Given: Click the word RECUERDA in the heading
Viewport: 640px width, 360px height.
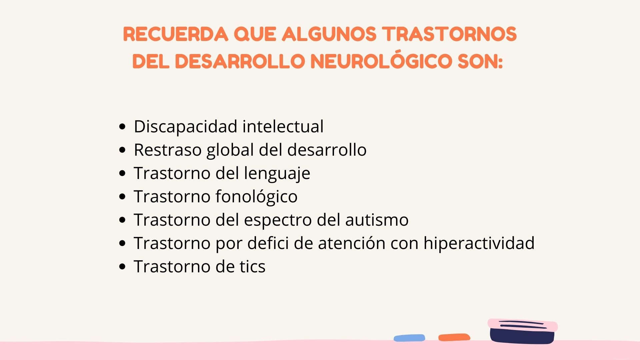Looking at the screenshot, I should (175, 34).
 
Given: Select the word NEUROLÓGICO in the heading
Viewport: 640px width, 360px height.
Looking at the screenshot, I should (381, 61).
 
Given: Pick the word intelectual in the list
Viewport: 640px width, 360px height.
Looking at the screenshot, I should (283, 127).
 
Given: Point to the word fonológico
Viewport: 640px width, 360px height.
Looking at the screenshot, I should (256, 197).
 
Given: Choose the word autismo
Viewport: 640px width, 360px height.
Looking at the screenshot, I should (377, 220).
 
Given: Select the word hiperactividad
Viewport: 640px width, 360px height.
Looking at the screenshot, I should (479, 243).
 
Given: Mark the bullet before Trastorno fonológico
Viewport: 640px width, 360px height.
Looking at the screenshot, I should (122, 197).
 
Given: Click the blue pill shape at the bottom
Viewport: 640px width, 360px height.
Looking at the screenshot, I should (409, 338).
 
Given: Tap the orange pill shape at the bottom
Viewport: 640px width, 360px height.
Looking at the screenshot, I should (454, 337).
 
